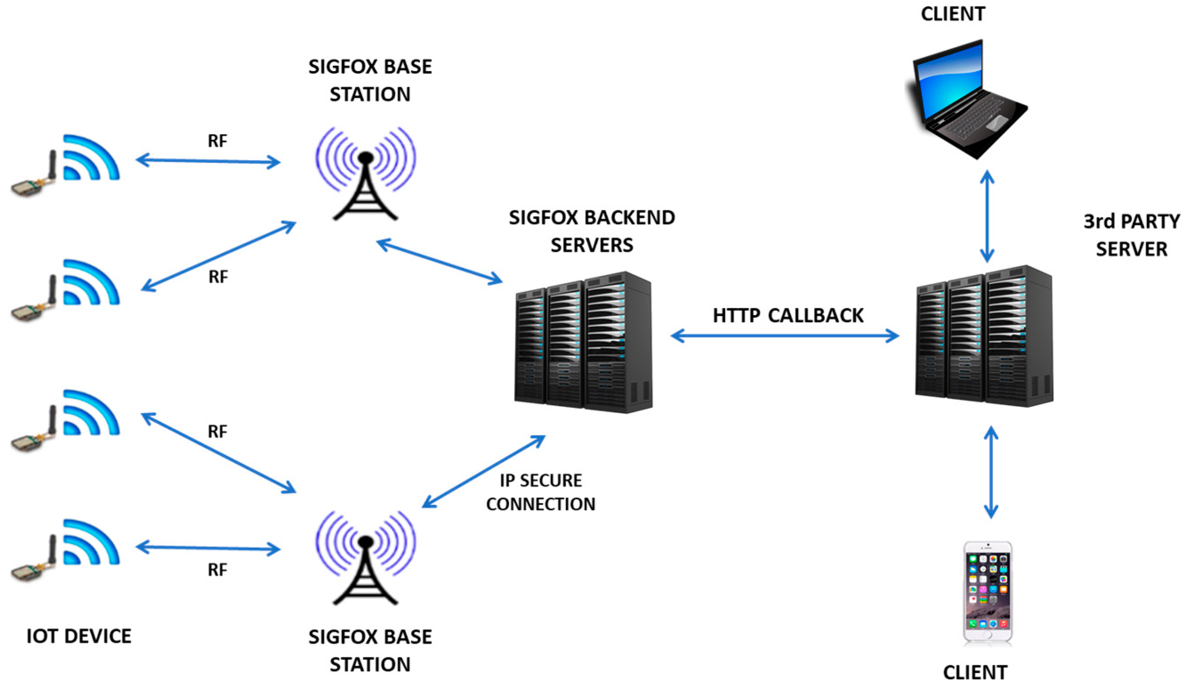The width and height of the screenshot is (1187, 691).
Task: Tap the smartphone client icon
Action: coord(988,593)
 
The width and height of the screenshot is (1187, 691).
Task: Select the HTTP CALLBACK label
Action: coord(788,316)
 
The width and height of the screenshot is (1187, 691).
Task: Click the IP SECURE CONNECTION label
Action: coord(541,492)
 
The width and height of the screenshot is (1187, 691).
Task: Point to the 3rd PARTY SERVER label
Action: coord(1132,235)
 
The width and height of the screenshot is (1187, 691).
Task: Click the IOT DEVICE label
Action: coord(79,636)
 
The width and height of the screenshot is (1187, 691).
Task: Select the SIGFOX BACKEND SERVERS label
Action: coord(592,231)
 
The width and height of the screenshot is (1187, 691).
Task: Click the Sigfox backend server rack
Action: coord(583,342)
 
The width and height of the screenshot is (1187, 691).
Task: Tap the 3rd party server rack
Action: coord(984,336)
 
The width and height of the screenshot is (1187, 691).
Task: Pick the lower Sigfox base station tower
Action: coord(366,558)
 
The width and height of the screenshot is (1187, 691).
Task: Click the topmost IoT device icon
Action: coord(65,166)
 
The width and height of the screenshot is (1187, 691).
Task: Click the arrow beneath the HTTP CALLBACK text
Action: coord(785,336)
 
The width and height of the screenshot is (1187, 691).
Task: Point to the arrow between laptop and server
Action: coord(987,216)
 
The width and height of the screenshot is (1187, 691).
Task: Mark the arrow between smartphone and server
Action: coord(991,472)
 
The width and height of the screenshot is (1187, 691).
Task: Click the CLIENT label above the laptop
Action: coord(953,14)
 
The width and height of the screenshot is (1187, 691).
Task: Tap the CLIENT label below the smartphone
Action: coord(975,673)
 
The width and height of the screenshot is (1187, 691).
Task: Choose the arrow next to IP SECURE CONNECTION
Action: coord(484,471)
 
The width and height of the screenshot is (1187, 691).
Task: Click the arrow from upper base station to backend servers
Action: coord(439,262)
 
